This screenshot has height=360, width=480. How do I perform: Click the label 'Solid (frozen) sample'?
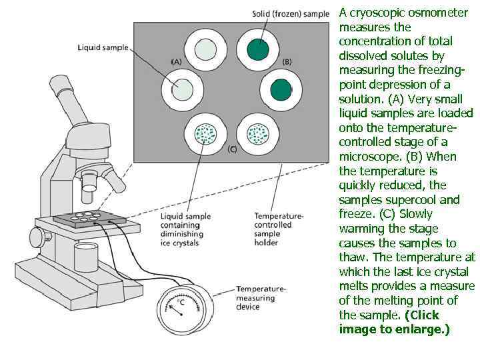pyautogui.click(x=291, y=14)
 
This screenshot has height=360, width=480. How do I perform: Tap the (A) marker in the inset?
pyautogui.click(x=176, y=61)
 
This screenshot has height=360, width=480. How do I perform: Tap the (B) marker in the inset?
pyautogui.click(x=287, y=61)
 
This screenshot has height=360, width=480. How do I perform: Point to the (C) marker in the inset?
pyautogui.click(x=232, y=149)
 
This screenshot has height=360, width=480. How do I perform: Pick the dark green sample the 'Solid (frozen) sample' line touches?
pyautogui.click(x=257, y=49)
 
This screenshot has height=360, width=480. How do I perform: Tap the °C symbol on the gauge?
pyautogui.click(x=181, y=302)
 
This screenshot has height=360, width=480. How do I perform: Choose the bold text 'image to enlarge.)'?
pyautogui.click(x=394, y=329)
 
